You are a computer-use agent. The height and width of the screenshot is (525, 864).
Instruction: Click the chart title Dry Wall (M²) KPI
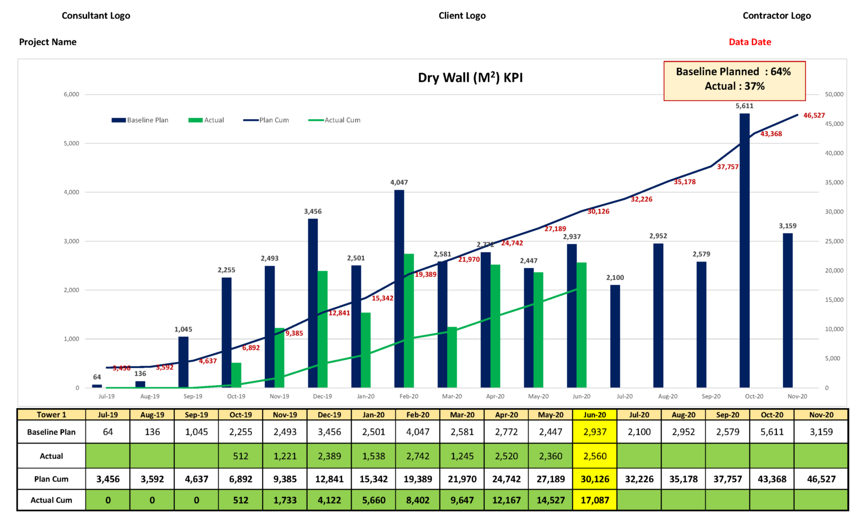(470, 78)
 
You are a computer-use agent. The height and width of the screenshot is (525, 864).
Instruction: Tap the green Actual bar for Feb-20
(409, 320)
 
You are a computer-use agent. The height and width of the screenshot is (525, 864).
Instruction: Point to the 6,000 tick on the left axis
(71, 94)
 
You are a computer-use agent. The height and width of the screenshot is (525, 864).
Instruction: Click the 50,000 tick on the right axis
(834, 94)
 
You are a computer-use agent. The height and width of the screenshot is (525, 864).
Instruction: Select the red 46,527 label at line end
(814, 116)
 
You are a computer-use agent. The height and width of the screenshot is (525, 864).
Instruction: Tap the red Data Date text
(750, 42)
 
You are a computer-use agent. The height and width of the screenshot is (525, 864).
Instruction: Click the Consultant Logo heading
(96, 16)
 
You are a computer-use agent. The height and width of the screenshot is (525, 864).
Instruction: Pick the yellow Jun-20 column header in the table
(595, 415)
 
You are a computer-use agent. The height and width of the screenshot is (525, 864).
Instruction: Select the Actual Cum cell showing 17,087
(595, 500)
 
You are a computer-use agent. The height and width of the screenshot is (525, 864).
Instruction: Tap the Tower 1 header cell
(51, 415)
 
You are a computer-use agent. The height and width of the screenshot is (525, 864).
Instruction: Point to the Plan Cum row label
(51, 479)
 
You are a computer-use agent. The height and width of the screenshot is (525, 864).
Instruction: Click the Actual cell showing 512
(241, 456)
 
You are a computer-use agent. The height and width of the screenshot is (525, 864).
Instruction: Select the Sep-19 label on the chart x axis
(193, 396)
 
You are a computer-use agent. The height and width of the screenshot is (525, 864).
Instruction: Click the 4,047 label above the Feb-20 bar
(399, 183)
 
